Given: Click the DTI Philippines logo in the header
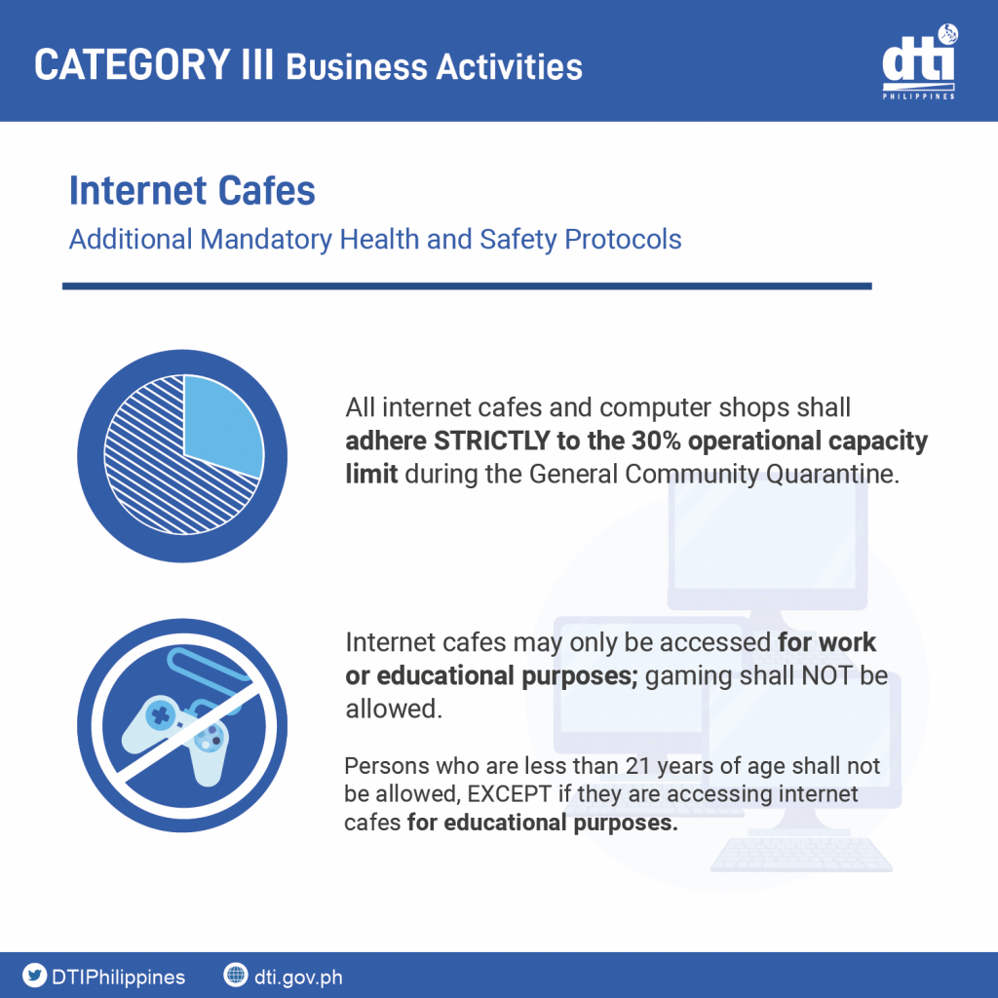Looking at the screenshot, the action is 918,61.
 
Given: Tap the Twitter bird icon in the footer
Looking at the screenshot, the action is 34,975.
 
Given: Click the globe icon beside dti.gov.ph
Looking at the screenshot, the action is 236,975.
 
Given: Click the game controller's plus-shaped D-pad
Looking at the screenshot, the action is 160,715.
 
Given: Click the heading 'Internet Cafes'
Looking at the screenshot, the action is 192,190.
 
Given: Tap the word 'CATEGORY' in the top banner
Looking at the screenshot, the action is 133,65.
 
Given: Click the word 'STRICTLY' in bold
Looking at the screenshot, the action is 491,441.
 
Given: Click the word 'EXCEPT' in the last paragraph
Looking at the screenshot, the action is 509,793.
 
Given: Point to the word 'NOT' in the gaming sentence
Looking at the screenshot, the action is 826,675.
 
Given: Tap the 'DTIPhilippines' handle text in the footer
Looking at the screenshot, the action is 118,977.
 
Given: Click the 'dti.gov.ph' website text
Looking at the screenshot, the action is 298,977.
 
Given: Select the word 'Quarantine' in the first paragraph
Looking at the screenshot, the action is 832,475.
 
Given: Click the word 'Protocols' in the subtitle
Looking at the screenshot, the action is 623,240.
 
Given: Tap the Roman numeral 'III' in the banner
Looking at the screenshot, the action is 257,65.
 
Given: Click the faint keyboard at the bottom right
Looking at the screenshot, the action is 801,855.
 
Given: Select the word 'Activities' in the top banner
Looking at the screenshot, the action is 509,67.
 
